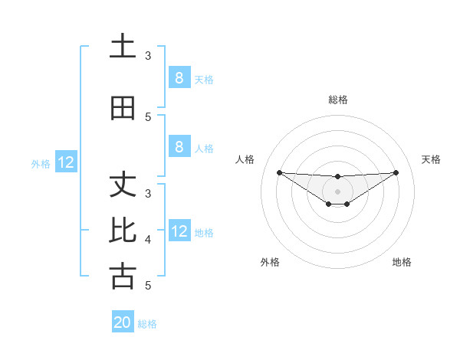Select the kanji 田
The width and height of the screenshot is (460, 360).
123,109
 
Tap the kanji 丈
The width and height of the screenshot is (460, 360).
123,185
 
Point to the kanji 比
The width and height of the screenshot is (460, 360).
123,230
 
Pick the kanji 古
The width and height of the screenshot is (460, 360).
123,276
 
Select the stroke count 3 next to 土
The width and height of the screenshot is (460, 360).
148,56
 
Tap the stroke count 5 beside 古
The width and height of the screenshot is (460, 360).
148,286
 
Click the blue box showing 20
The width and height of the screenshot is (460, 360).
123,322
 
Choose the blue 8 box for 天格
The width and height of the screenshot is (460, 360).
179,78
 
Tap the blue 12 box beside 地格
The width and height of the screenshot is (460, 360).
179,231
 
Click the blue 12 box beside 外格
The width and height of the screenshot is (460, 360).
66,162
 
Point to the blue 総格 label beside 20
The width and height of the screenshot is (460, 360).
148,324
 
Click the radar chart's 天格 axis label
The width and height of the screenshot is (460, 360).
431,159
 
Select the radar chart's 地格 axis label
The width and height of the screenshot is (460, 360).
402,262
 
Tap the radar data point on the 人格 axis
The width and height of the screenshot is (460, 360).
279,172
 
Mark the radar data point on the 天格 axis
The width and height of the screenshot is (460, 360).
396,172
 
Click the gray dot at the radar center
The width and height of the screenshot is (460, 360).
337,191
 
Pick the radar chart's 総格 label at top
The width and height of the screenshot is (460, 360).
337,100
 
